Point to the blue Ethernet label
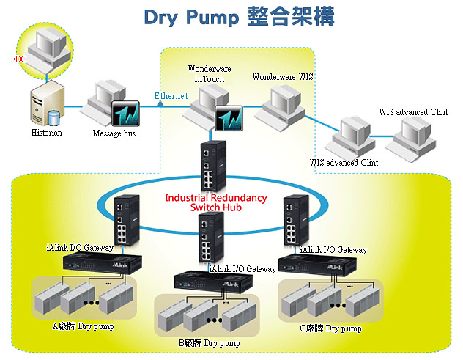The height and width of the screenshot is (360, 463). pyautogui.click(x=171, y=96)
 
